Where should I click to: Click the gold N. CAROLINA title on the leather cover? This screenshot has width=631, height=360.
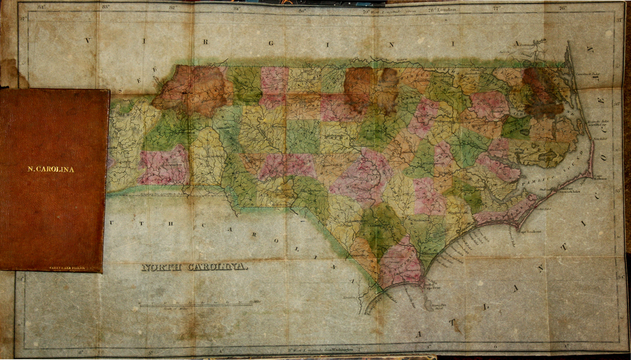click(x=51, y=169)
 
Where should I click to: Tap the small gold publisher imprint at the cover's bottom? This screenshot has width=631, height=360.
click(x=67, y=268)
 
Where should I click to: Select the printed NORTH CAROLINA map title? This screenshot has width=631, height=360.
click(x=195, y=267)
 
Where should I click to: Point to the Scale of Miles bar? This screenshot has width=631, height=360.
click(x=196, y=304)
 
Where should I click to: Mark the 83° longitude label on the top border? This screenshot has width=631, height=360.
click(x=105, y=8)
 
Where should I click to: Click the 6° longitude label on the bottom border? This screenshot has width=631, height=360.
click(x=81, y=352)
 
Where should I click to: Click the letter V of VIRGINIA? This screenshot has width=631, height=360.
click(x=88, y=41)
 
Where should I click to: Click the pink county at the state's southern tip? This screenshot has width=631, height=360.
click(x=401, y=262)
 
